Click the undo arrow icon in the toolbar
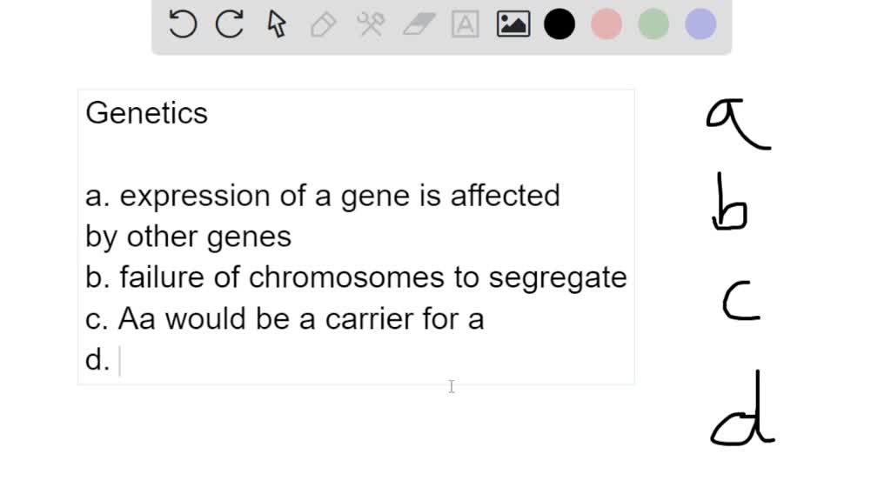tap(183, 24)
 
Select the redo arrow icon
tap(230, 24)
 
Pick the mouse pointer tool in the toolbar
tap(277, 24)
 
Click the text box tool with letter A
tap(466, 24)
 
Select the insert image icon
tap(513, 24)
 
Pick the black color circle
tap(559, 24)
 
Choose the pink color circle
tap(606, 24)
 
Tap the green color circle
tap(653, 24)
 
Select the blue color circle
tap(700, 24)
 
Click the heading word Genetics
tap(146, 113)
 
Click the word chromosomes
tap(346, 277)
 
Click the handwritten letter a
tap(738, 124)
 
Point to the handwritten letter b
tap(730, 202)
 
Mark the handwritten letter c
tap(741, 301)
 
